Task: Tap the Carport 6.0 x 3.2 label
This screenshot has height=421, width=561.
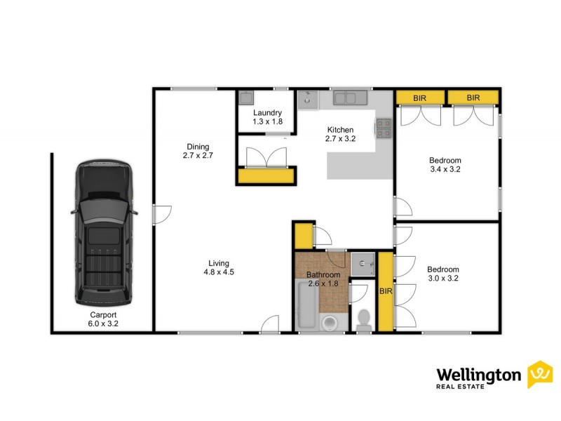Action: tap(102, 320)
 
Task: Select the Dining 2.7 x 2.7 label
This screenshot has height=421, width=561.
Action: tap(197, 150)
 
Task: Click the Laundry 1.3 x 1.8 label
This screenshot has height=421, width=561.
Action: tap(267, 117)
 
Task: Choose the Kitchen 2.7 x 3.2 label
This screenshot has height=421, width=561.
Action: tap(340, 135)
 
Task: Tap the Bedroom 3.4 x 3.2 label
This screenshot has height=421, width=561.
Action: tap(445, 164)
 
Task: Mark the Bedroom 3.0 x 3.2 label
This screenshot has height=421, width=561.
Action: tap(443, 274)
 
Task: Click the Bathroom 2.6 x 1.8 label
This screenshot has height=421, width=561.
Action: tap(323, 279)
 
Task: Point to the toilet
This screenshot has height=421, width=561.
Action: tap(363, 319)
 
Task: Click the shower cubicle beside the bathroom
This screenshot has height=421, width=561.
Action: tap(363, 263)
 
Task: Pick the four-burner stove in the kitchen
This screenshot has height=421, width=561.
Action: tap(384, 127)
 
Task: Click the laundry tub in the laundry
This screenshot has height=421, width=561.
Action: tap(247, 98)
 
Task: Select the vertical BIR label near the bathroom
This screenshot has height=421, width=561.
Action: tap(385, 290)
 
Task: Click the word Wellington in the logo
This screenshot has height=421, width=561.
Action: tap(479, 376)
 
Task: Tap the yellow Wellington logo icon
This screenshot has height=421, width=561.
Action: tap(540, 374)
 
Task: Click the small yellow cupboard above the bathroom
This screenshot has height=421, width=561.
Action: tap(303, 235)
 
